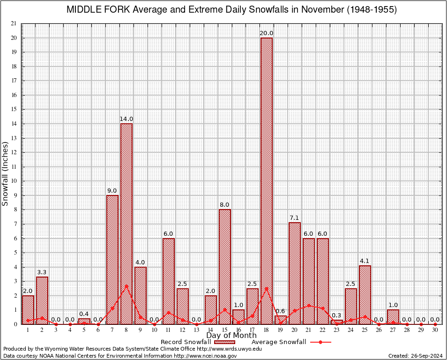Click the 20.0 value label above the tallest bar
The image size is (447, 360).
pos(267,33)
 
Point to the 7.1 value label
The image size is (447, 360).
pos(294,217)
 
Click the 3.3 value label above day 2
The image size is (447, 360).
pos(42,272)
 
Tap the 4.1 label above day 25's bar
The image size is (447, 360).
pos(365,261)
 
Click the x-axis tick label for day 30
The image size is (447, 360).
pos(435,330)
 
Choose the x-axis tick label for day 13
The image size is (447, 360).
pos(197,330)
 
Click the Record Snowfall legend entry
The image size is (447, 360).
pos(185,342)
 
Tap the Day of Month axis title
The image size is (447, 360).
pos(231,336)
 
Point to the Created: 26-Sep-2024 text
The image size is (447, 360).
pos(416,356)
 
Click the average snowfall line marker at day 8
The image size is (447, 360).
pos(127,286)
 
